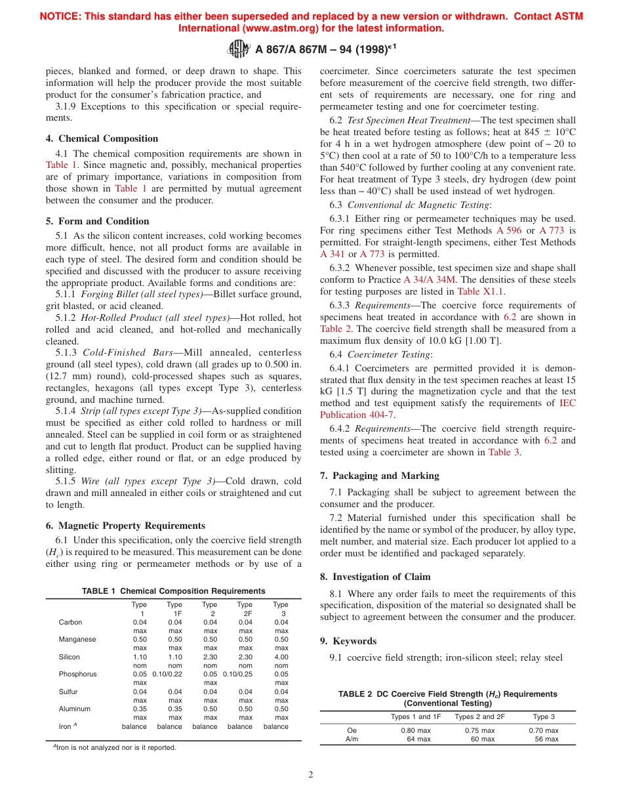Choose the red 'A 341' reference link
coord(332,254)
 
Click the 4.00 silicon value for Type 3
coord(281,657)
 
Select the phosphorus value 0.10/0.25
coord(239,674)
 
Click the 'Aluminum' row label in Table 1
coord(74,709)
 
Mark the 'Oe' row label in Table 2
coord(352,730)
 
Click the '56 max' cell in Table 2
coord(546,739)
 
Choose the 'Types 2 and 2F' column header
coord(479,716)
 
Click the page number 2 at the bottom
coord(311,774)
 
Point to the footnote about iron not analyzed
coord(115,747)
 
